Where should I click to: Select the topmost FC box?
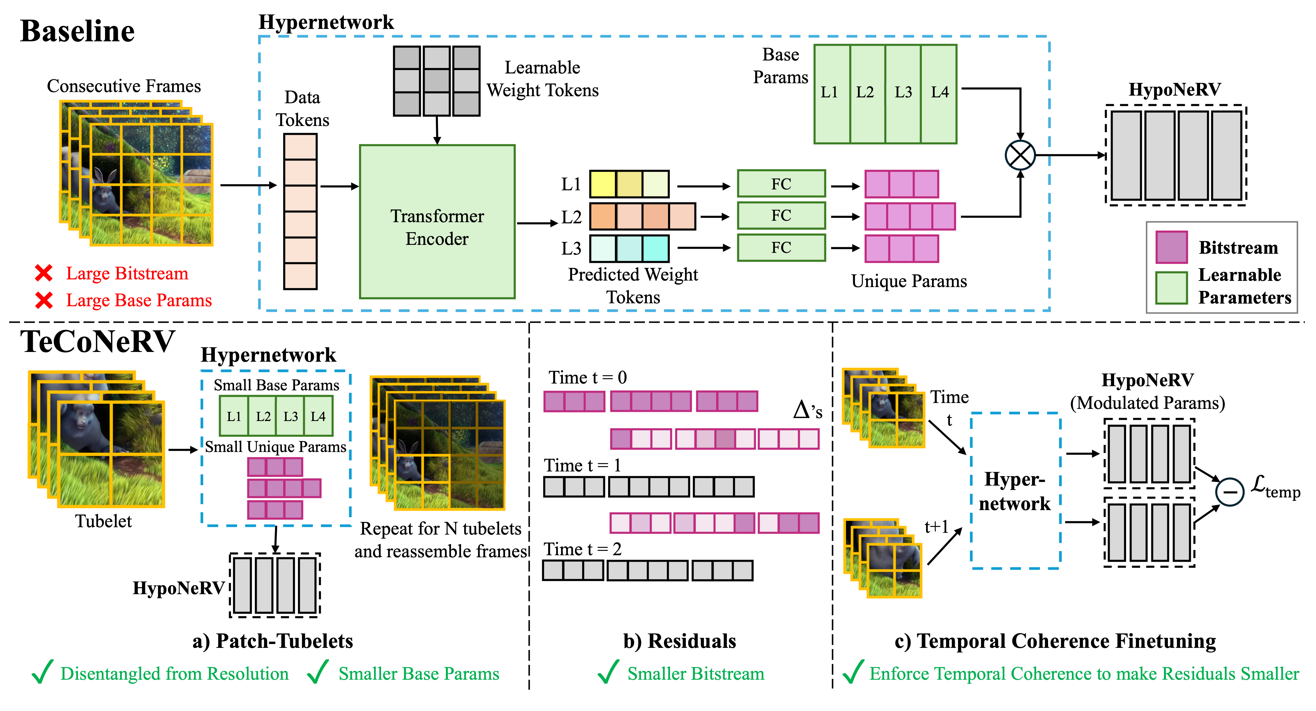781,184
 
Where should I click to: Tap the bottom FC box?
781,248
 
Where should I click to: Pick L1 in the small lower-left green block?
234,416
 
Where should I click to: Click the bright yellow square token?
603,184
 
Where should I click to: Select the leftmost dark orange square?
603,216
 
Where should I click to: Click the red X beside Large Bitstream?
44,273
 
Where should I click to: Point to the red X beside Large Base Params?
44,300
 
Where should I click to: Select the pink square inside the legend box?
1171,247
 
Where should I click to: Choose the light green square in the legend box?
1171,288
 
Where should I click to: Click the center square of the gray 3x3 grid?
436,81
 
